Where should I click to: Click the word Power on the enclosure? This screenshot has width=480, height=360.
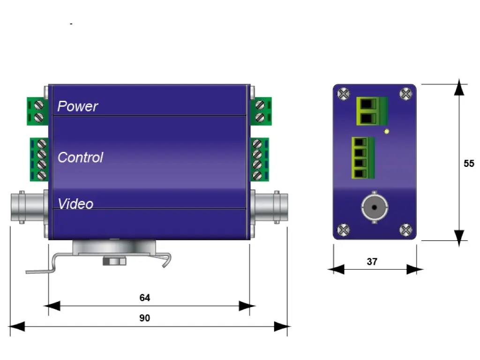coord(77,106)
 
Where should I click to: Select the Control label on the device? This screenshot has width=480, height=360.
coord(80,157)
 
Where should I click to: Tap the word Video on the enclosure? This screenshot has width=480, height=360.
coord(75,203)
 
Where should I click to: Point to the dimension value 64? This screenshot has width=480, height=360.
coord(145,298)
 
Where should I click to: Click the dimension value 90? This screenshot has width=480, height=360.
coord(145,318)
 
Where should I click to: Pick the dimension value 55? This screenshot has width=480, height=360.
coord(469,164)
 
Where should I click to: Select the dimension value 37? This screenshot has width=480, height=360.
coord(372,262)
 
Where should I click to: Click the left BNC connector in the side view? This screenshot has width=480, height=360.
coord(28,207)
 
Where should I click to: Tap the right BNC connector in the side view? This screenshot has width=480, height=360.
coord(270,207)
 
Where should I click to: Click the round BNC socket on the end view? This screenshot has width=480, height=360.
coord(375,206)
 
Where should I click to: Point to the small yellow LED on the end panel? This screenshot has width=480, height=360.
coord(386,131)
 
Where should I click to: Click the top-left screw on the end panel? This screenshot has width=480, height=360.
coord(344,94)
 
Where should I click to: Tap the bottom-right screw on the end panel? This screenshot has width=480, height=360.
coord(406,230)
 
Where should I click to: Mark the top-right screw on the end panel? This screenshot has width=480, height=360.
coord(406,94)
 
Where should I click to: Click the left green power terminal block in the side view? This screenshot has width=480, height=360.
coord(37,111)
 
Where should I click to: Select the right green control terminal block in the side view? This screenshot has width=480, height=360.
coord(259,159)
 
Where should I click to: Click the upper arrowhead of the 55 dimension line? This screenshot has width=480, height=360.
coord(460,88)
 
